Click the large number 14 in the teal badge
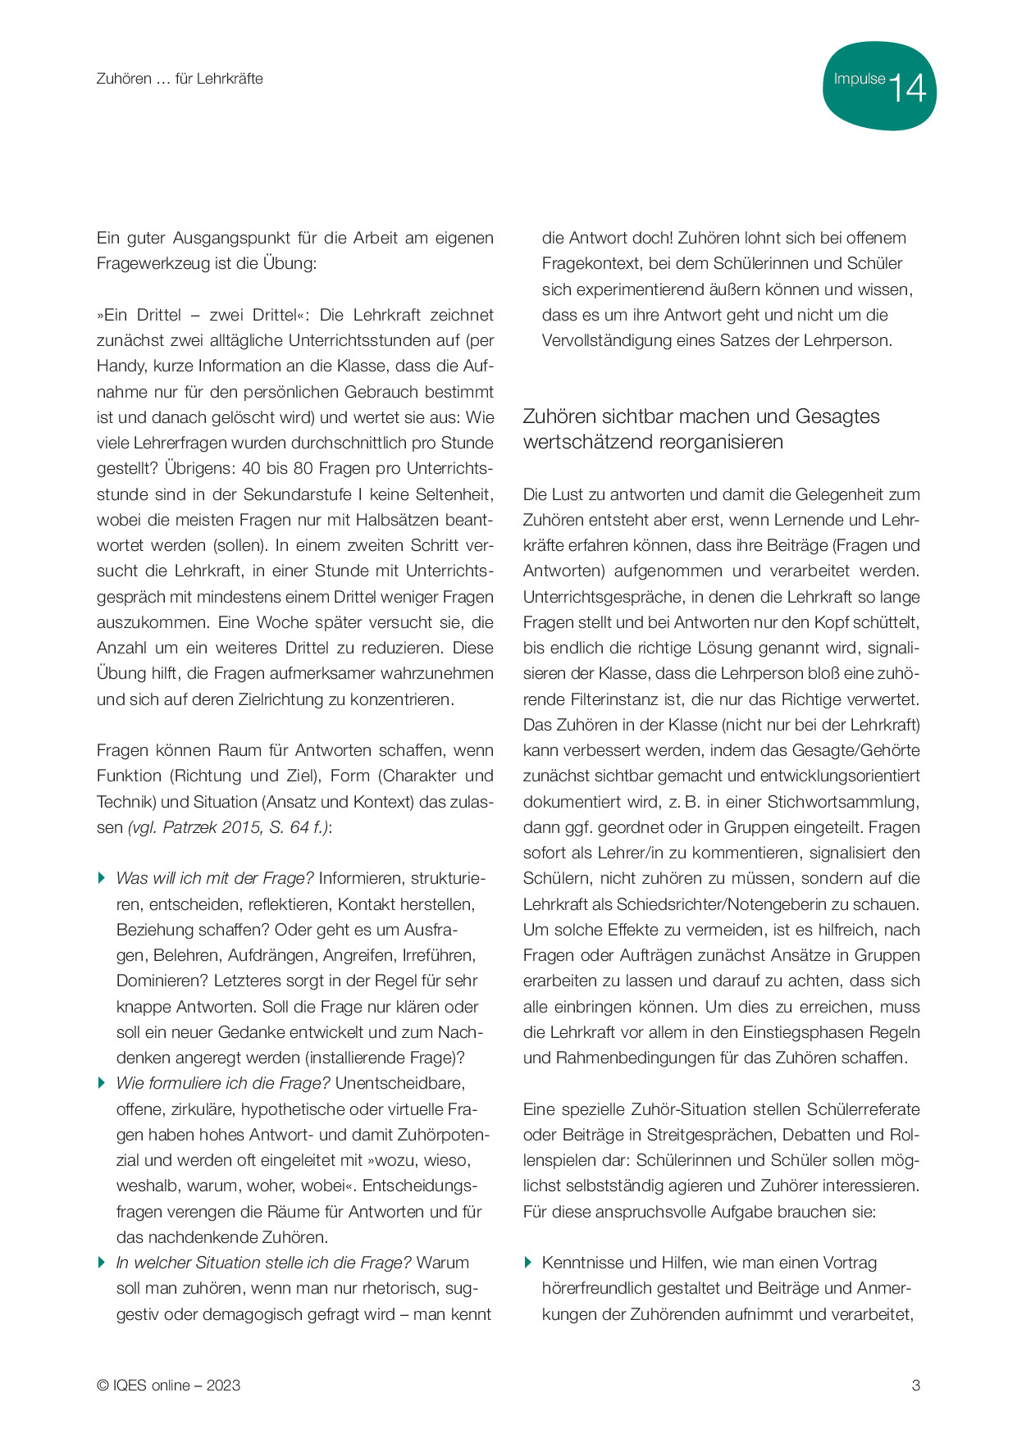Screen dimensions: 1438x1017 coord(906,88)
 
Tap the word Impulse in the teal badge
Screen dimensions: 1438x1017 coord(859,80)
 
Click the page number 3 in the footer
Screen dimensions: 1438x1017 coord(916,1386)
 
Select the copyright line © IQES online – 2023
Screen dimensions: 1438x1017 coord(168,1386)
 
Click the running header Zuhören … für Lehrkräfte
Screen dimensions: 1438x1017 coord(180,79)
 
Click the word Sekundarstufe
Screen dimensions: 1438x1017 coord(300,494)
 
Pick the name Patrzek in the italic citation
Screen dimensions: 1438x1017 coord(194,827)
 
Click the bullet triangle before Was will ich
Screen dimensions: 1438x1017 coord(102,878)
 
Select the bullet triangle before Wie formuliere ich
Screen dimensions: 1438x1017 coord(102,1083)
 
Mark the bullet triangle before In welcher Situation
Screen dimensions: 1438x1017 coord(102,1263)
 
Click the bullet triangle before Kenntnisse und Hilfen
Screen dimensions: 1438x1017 coord(528,1263)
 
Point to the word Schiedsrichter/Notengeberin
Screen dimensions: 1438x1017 coord(749,904)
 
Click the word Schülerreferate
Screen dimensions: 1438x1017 coord(863,1109)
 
